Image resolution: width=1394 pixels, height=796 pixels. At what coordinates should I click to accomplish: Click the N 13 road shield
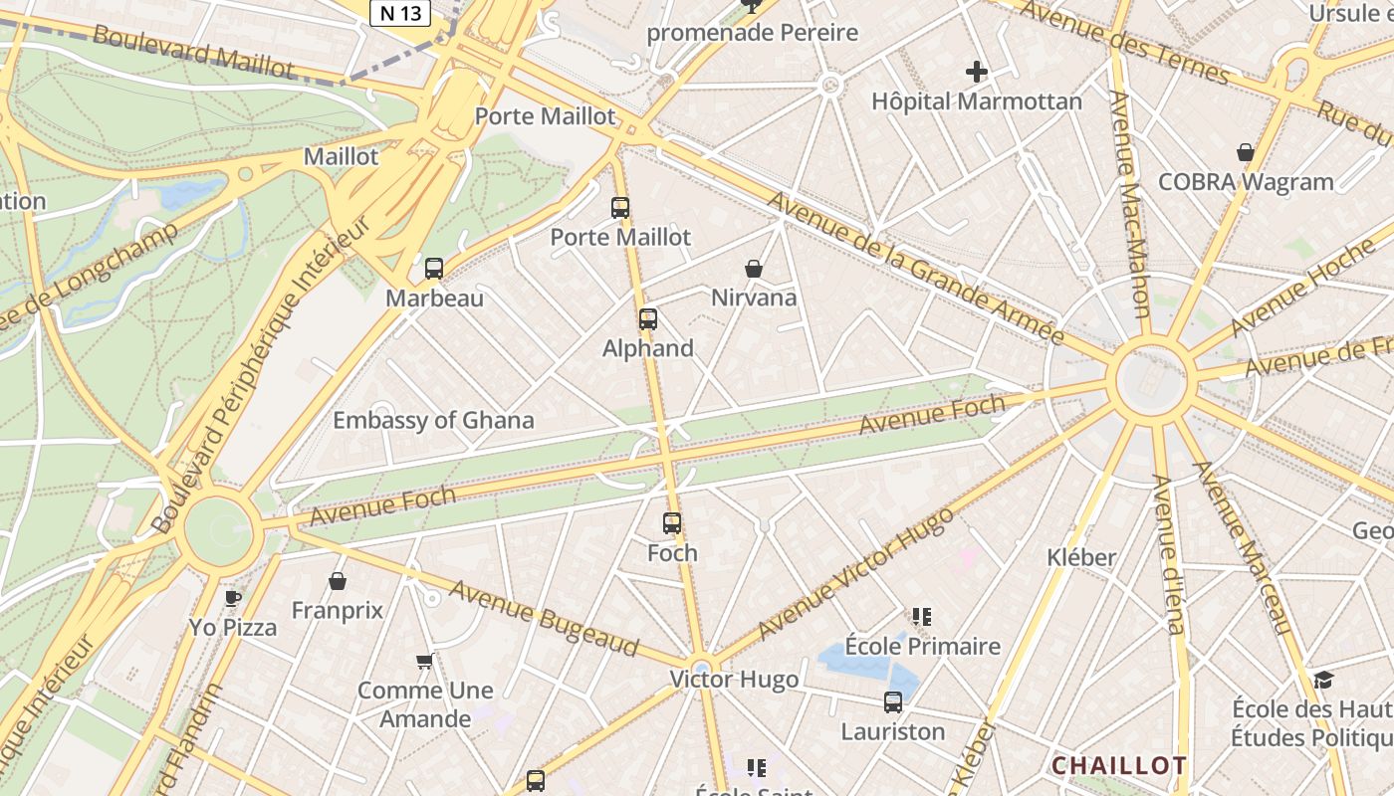pos(400,13)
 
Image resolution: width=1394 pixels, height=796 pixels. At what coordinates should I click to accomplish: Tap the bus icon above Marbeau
pos(434,268)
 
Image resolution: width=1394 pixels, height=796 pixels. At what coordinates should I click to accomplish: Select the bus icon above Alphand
pos(648,319)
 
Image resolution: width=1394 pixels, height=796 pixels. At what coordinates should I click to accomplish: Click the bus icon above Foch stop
pos(672,523)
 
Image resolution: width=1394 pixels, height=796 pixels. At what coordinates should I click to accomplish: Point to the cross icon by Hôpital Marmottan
pos(977,72)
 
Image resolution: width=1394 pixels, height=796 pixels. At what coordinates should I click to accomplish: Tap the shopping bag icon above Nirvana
pos(754,269)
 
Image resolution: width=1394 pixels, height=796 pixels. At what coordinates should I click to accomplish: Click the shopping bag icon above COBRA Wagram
pos(1245,152)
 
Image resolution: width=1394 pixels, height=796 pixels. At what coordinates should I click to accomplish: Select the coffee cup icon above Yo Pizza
pos(233,598)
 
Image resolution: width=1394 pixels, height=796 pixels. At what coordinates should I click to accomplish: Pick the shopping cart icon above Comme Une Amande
pos(425,661)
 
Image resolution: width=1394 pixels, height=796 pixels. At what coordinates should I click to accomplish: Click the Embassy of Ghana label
pos(433,420)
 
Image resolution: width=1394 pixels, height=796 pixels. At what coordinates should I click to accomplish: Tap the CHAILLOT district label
pos(1119,765)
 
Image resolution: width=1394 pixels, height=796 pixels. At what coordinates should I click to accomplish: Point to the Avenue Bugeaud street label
pos(543,618)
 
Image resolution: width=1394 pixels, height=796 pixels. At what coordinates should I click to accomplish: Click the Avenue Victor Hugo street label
pos(855,574)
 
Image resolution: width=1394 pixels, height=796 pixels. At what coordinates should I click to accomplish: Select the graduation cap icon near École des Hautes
pos(1323,680)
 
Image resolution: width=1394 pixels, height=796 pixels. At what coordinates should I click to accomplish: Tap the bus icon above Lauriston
pos(893,702)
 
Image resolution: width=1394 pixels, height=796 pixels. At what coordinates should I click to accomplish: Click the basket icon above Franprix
pos(338,581)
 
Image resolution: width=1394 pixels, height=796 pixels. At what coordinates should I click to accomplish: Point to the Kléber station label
pos(1081,557)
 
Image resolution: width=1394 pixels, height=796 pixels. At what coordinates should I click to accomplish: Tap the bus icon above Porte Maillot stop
pos(620,208)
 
